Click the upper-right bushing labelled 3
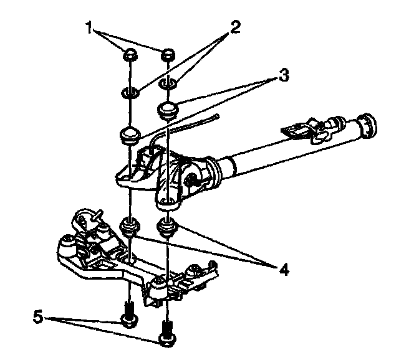[167, 110]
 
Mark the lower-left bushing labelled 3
[129, 135]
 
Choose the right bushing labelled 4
[166, 227]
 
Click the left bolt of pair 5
[128, 315]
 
